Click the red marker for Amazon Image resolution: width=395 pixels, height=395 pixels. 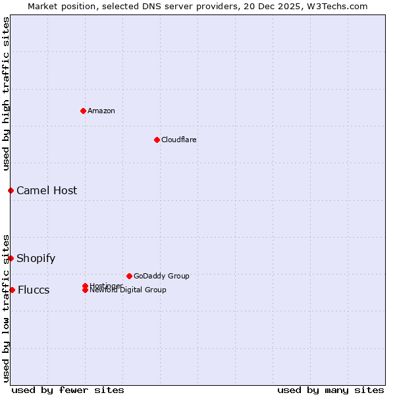coord(83,111)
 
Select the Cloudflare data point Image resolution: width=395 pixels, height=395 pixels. coord(157,140)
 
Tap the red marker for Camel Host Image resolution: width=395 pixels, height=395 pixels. coord(11,190)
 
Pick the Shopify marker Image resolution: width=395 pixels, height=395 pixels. coord(11,258)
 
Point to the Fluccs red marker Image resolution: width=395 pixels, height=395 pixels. coord(12,290)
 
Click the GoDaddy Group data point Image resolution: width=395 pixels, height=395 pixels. coord(129,276)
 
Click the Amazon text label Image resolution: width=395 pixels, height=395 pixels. coord(101,111)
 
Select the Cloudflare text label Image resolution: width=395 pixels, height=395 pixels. coord(178,140)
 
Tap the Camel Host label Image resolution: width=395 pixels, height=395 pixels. coord(47,191)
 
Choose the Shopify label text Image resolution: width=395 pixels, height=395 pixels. coord(36,258)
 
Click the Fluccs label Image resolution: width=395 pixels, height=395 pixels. coord(34,290)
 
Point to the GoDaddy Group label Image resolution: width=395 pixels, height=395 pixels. coord(161,276)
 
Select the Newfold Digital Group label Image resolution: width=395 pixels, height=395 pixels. coord(128,290)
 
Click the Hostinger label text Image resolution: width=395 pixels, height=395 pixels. coord(106,285)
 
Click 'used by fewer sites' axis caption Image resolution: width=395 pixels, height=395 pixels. coord(68,390)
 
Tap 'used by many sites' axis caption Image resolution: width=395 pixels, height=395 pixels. coord(330,390)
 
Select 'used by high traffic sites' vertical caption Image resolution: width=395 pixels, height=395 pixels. coord(7,93)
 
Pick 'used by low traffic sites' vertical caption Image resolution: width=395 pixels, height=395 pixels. coord(7,308)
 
